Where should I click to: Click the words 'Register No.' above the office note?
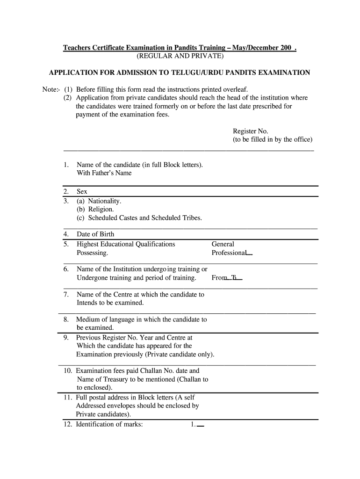pos(251,131)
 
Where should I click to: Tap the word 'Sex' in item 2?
pos(82,191)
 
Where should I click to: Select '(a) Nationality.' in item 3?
pos(99,201)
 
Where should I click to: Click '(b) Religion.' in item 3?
pos(95,210)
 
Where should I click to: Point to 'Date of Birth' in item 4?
pos(95,234)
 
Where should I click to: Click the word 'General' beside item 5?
pos(223,244)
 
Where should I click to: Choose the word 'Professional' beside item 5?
pos(229,253)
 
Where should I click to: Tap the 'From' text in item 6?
pos(219,278)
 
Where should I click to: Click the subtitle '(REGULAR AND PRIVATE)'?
pos(180,57)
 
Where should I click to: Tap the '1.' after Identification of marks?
pos(193,425)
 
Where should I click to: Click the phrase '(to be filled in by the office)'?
pos(273,140)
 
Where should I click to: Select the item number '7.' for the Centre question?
pos(66,294)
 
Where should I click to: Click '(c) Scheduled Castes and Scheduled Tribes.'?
pos(139,218)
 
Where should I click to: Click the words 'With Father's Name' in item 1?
pos(104,173)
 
